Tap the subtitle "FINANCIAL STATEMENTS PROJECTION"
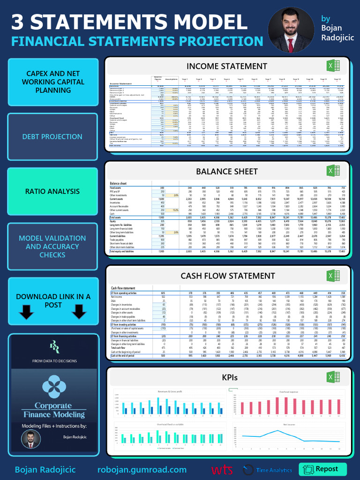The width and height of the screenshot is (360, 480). pos(137,41)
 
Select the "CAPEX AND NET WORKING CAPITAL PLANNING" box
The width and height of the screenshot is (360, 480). pos(53,82)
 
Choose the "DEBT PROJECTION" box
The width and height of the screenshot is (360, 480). pos(53,137)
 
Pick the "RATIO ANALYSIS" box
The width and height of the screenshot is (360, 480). pos(53,191)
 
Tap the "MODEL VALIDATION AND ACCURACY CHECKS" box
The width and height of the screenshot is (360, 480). pos(53,246)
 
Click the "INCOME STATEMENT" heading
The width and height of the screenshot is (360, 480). pos(227,66)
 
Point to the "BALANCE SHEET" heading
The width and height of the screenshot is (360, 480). pos(227,171)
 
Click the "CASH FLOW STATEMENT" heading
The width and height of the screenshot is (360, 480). pos(228,276)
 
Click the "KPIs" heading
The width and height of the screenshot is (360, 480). pos(229,377)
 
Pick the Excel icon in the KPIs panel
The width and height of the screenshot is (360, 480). pos(333,377)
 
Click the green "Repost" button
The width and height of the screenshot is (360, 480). pos(322,469)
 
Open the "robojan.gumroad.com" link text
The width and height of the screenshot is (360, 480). pos(142,470)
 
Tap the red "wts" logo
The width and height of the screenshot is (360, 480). pos(222,470)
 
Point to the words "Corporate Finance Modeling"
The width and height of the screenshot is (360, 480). pos(53,410)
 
